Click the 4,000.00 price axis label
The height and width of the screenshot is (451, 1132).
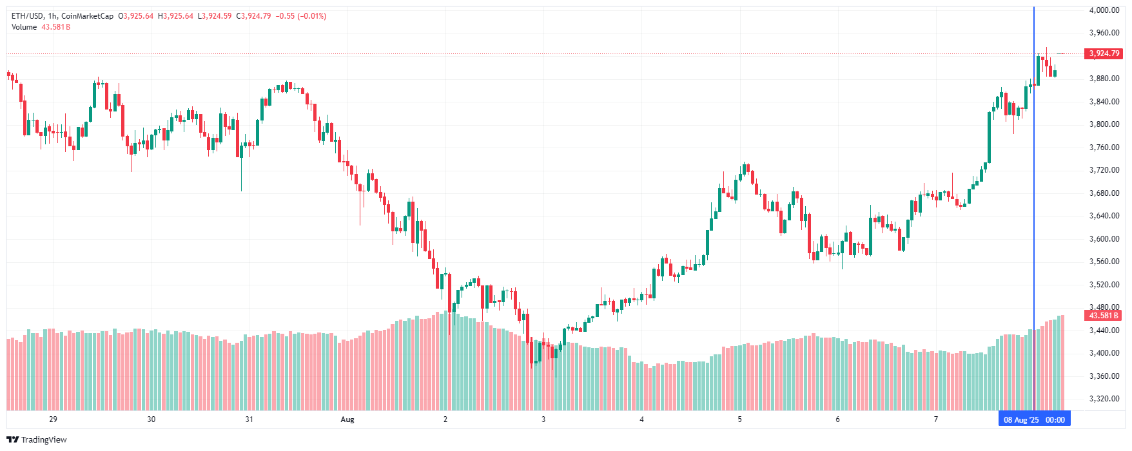click(1104, 10)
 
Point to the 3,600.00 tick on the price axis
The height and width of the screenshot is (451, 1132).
click(1104, 239)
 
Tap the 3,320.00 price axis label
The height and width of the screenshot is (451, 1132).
click(1104, 399)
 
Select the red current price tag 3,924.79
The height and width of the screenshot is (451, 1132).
click(1104, 53)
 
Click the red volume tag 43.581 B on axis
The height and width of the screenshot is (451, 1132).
click(1104, 316)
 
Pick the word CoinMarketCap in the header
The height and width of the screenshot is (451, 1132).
click(87, 16)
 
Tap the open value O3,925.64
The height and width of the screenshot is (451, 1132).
click(136, 16)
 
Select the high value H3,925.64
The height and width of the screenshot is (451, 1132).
click(175, 16)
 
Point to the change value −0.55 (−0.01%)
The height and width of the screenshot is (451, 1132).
click(301, 16)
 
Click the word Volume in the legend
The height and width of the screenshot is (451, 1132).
click(24, 27)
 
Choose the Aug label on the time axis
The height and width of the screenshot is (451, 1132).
click(347, 419)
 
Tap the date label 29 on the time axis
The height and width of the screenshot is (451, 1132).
click(53, 419)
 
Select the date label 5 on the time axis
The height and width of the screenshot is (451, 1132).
click(739, 419)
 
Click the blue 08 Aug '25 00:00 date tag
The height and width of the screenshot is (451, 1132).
click(1034, 419)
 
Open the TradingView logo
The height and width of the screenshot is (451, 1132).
click(37, 439)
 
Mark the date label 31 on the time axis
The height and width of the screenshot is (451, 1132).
click(249, 419)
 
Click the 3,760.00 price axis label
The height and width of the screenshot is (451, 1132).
click(1104, 148)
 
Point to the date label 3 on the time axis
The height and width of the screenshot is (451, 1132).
click(543, 419)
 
